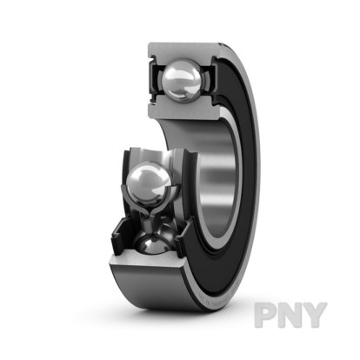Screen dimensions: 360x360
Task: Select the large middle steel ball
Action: click(149, 182)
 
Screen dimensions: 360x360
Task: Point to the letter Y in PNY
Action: click(316, 315)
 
